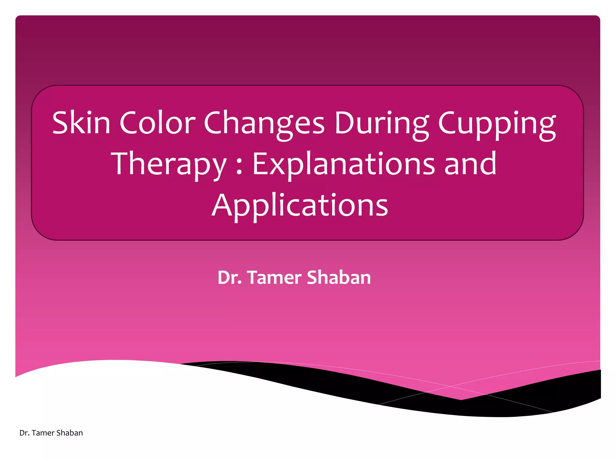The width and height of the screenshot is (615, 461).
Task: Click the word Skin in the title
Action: click(x=81, y=123)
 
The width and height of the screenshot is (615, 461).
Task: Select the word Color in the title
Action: click(x=158, y=123)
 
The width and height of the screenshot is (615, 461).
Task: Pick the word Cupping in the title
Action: click(x=497, y=125)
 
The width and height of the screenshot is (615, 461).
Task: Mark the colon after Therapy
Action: click(x=239, y=167)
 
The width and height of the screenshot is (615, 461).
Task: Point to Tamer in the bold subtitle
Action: click(x=274, y=277)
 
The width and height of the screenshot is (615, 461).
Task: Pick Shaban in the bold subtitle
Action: click(x=339, y=277)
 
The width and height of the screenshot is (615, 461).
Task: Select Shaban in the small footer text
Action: click(x=70, y=433)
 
